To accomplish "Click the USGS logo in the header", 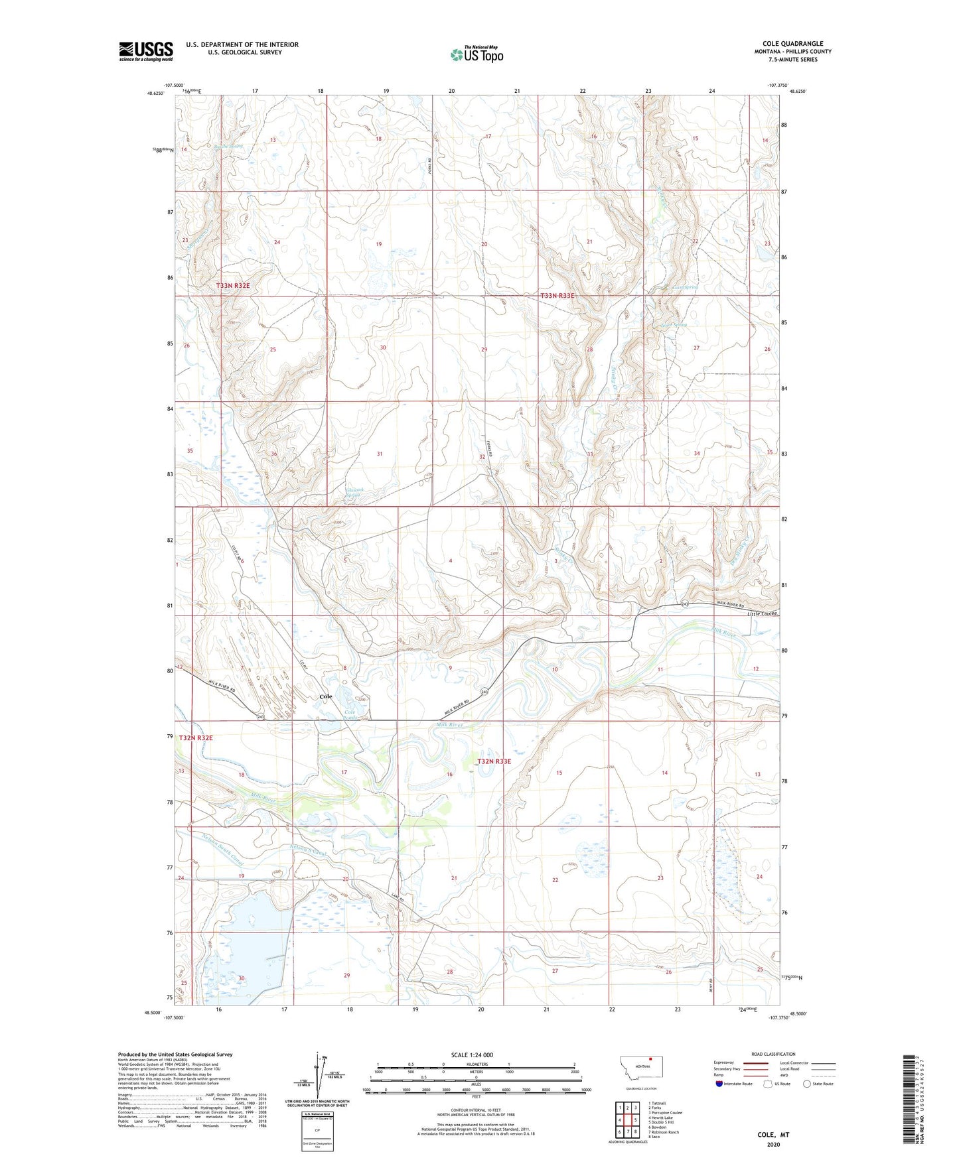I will point(146,51).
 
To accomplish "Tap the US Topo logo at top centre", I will point(477,54).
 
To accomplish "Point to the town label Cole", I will point(326,696).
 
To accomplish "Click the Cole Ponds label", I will point(350,714).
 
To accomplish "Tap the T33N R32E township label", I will point(233,285).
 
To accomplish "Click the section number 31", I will point(380,454).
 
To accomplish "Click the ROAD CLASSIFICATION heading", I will point(773,1054).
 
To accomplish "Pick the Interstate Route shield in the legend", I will point(719,1084).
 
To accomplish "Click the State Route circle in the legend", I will point(806,1084).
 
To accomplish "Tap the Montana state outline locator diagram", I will point(641,1069).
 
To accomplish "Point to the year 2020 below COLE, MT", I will point(773,1144).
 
